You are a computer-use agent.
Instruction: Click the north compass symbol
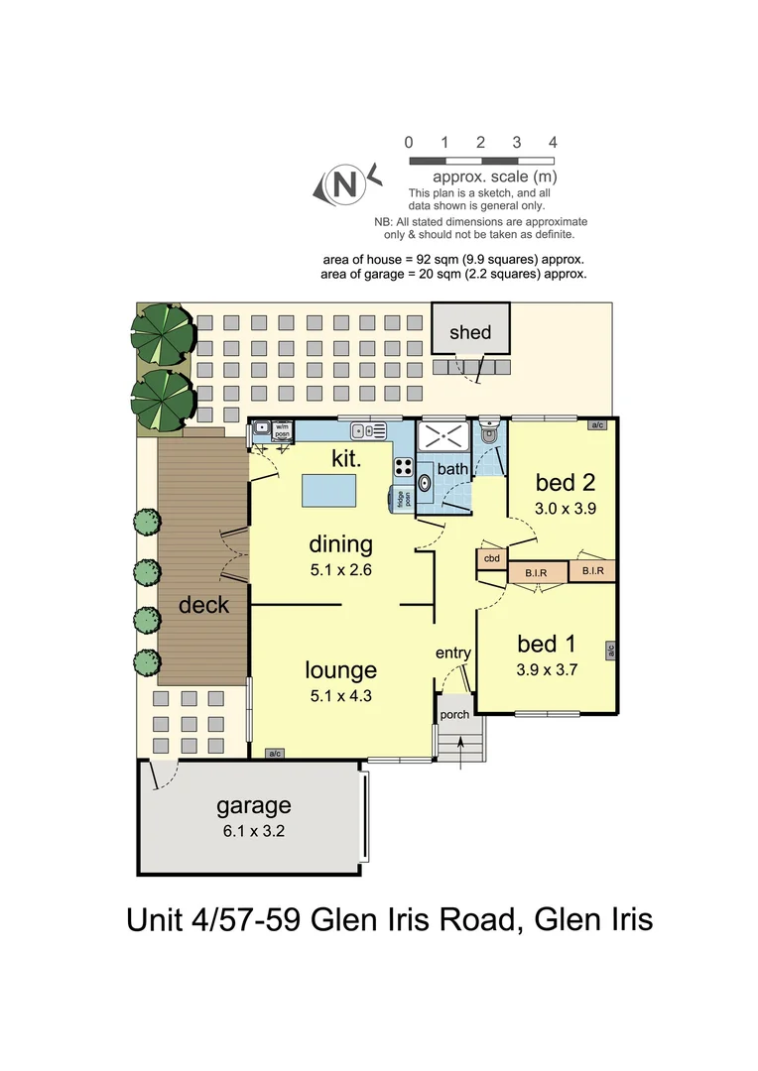[x=344, y=183]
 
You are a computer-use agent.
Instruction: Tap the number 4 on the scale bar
[x=553, y=143]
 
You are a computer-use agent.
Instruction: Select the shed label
[x=470, y=332]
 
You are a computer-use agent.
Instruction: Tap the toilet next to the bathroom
[x=488, y=432]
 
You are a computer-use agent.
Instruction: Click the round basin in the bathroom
[x=425, y=484]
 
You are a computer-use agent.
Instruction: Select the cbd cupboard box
[x=491, y=558]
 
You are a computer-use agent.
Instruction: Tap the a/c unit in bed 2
[x=597, y=425]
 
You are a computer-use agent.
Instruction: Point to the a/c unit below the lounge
[x=275, y=754]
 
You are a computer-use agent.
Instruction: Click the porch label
[x=454, y=714]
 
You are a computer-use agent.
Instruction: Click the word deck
[x=203, y=605]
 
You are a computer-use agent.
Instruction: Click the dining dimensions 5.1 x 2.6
[x=340, y=570]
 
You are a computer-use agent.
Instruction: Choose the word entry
[x=453, y=653]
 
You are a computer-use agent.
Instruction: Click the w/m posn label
[x=282, y=431]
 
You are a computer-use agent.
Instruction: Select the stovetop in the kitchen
[x=405, y=465]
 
